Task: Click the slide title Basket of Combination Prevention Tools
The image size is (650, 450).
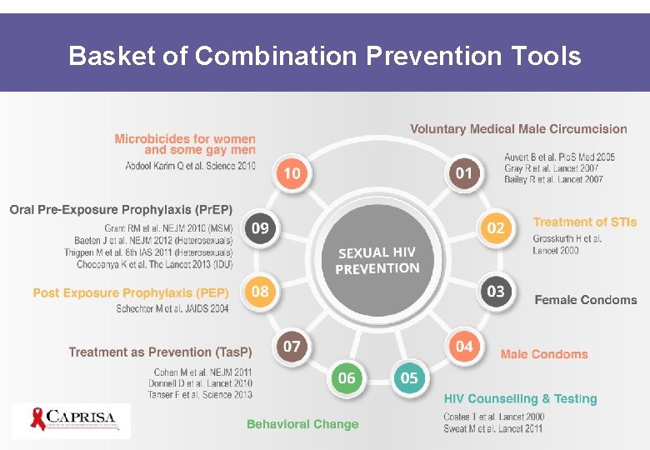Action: click(x=325, y=56)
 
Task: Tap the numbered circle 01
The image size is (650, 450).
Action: click(x=464, y=173)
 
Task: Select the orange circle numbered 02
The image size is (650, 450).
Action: click(x=496, y=227)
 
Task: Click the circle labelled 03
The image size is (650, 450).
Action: click(x=496, y=291)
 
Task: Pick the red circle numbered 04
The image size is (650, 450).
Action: click(x=464, y=345)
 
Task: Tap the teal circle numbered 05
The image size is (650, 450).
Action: click(x=409, y=377)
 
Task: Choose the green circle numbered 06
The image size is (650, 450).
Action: click(x=347, y=377)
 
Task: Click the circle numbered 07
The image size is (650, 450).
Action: click(x=292, y=345)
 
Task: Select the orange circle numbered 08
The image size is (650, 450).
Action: click(x=260, y=291)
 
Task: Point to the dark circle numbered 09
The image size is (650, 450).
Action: click(x=260, y=227)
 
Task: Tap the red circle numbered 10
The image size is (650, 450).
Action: click(x=292, y=173)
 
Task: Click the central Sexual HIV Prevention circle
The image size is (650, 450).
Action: click(x=377, y=260)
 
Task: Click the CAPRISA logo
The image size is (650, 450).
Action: click(x=72, y=420)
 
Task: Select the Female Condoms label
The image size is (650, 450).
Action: click(x=585, y=300)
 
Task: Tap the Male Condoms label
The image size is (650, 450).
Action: click(x=543, y=354)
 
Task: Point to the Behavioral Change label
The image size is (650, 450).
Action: click(x=302, y=424)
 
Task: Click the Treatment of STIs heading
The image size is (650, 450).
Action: click(x=584, y=222)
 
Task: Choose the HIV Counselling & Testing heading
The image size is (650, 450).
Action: click(x=520, y=399)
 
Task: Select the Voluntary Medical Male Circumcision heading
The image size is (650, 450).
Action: click(x=518, y=129)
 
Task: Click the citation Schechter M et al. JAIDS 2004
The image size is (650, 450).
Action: click(x=172, y=308)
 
